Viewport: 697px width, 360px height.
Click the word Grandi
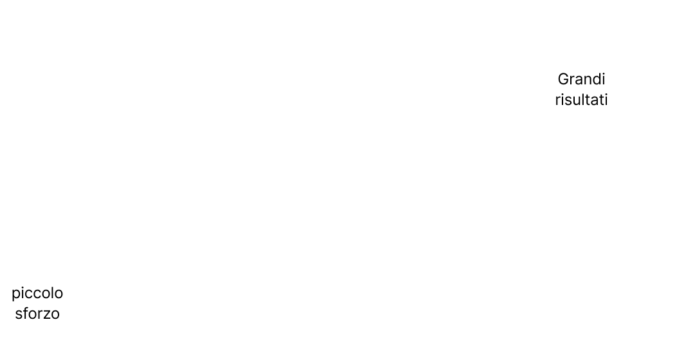(581, 79)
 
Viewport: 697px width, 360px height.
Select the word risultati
(581, 99)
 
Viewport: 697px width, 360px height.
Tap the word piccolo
(37, 293)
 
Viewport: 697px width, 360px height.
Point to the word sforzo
(37, 313)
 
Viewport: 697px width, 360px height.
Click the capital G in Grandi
(563, 79)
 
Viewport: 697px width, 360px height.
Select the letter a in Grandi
(577, 81)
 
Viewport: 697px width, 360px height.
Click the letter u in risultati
(575, 101)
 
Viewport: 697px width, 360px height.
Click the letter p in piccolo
(16, 294)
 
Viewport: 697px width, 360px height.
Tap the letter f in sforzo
(26, 313)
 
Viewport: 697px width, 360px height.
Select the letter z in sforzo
(46, 315)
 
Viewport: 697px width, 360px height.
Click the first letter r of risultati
(557, 101)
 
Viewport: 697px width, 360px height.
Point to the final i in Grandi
(603, 79)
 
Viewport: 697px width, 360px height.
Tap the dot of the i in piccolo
(23, 287)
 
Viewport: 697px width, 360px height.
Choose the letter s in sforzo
(19, 315)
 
